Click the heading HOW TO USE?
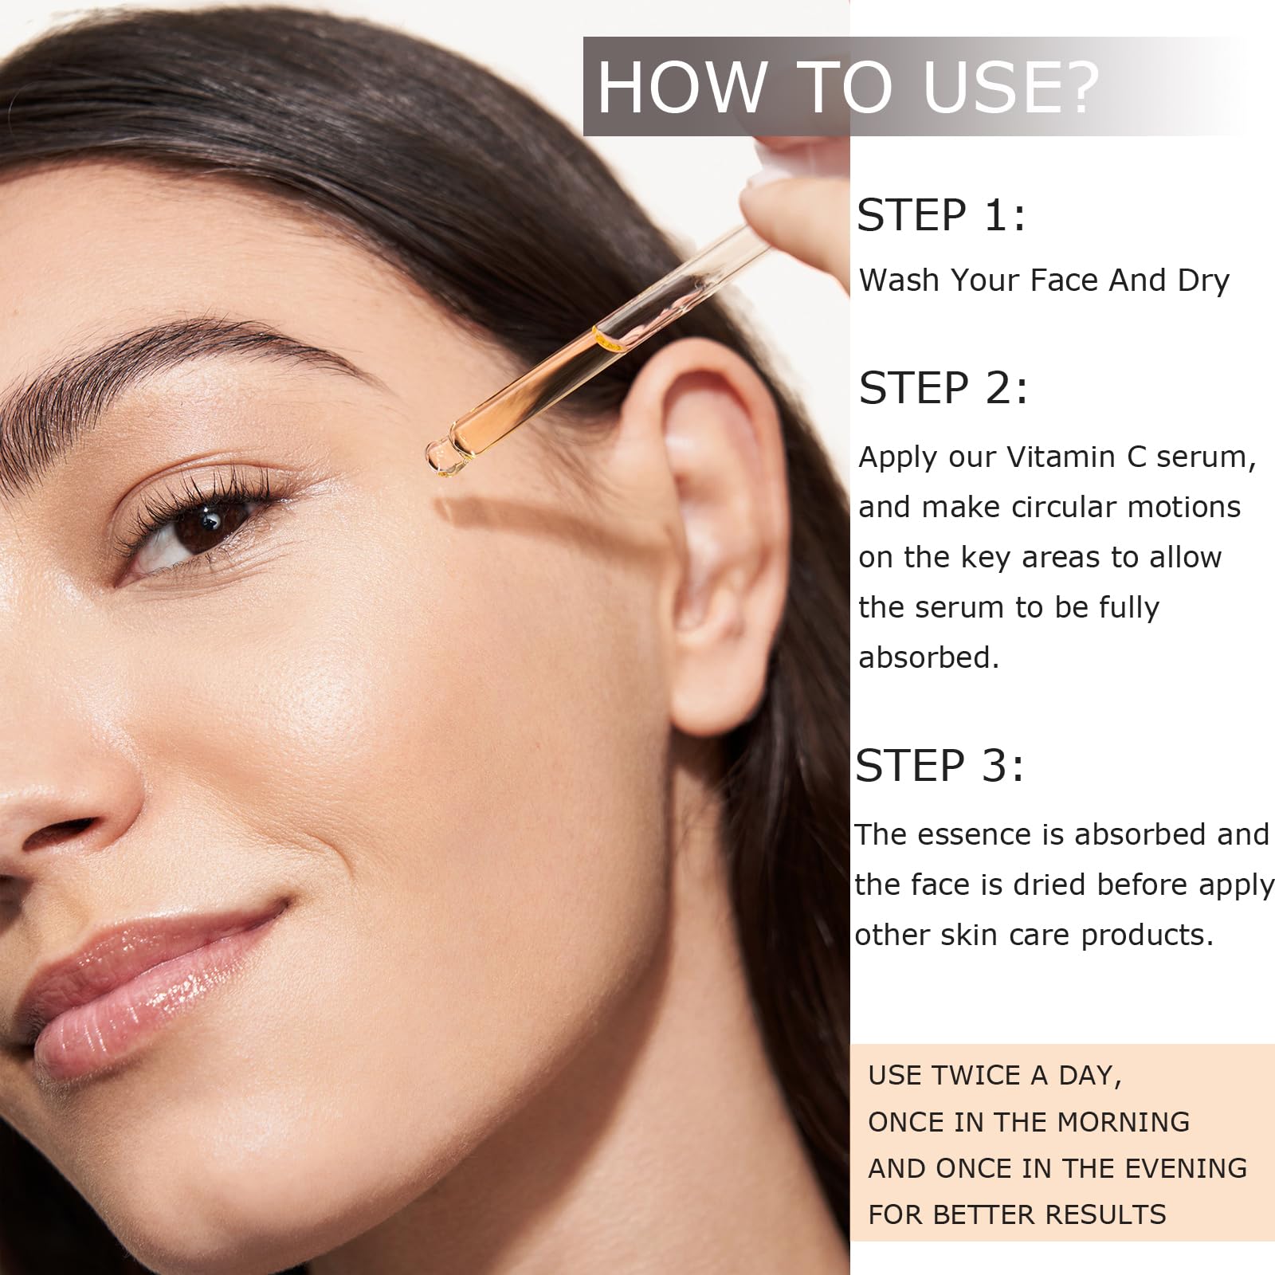click(849, 86)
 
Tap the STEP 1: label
click(941, 215)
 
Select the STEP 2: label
click(943, 388)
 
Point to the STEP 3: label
click(940, 766)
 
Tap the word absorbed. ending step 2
click(928, 657)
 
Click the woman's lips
click(151, 988)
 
